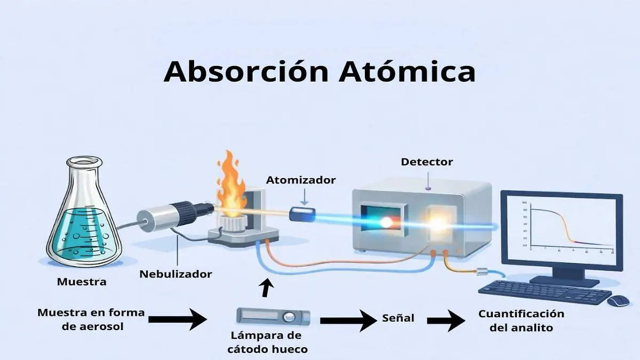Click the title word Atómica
(406, 72)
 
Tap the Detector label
(427, 161)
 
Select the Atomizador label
(301, 180)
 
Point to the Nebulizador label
(175, 274)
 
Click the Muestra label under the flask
(82, 281)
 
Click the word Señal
(398, 318)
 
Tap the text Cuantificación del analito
(521, 321)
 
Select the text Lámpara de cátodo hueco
(266, 342)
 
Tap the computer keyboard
(544, 292)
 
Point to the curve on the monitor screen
(565, 225)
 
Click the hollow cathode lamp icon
(273, 316)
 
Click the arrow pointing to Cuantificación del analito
(446, 321)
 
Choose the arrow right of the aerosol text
(177, 320)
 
